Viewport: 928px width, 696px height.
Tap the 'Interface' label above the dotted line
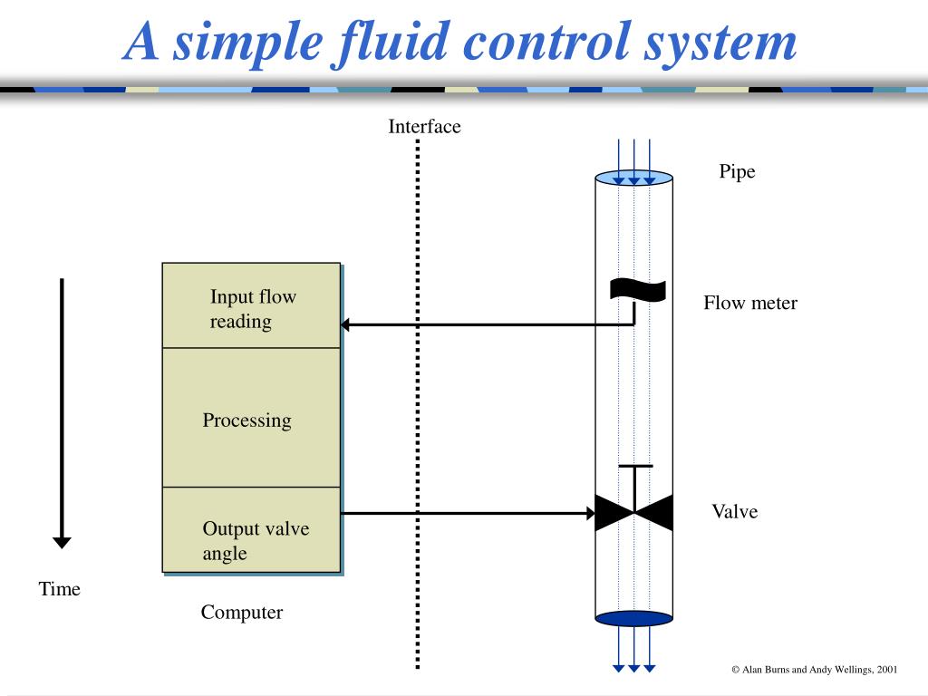(424, 127)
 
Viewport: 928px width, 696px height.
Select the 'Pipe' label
(737, 171)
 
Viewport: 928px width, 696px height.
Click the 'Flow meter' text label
(750, 303)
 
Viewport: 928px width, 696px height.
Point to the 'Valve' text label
(734, 511)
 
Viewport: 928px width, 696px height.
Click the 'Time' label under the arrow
(60, 589)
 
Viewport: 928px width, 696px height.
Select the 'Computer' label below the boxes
(242, 613)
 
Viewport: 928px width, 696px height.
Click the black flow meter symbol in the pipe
(638, 289)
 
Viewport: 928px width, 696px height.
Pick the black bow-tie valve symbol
(634, 513)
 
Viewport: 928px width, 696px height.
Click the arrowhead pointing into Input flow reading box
(346, 324)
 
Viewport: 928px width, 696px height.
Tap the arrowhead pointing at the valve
(588, 513)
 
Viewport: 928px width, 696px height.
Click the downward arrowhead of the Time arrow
(62, 542)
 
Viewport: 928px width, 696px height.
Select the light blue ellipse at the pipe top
(634, 177)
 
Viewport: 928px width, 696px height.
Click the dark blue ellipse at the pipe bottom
(634, 618)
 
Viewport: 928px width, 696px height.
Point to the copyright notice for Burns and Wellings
(814, 669)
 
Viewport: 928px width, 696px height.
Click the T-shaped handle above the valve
(635, 468)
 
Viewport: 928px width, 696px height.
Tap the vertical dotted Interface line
(418, 408)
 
